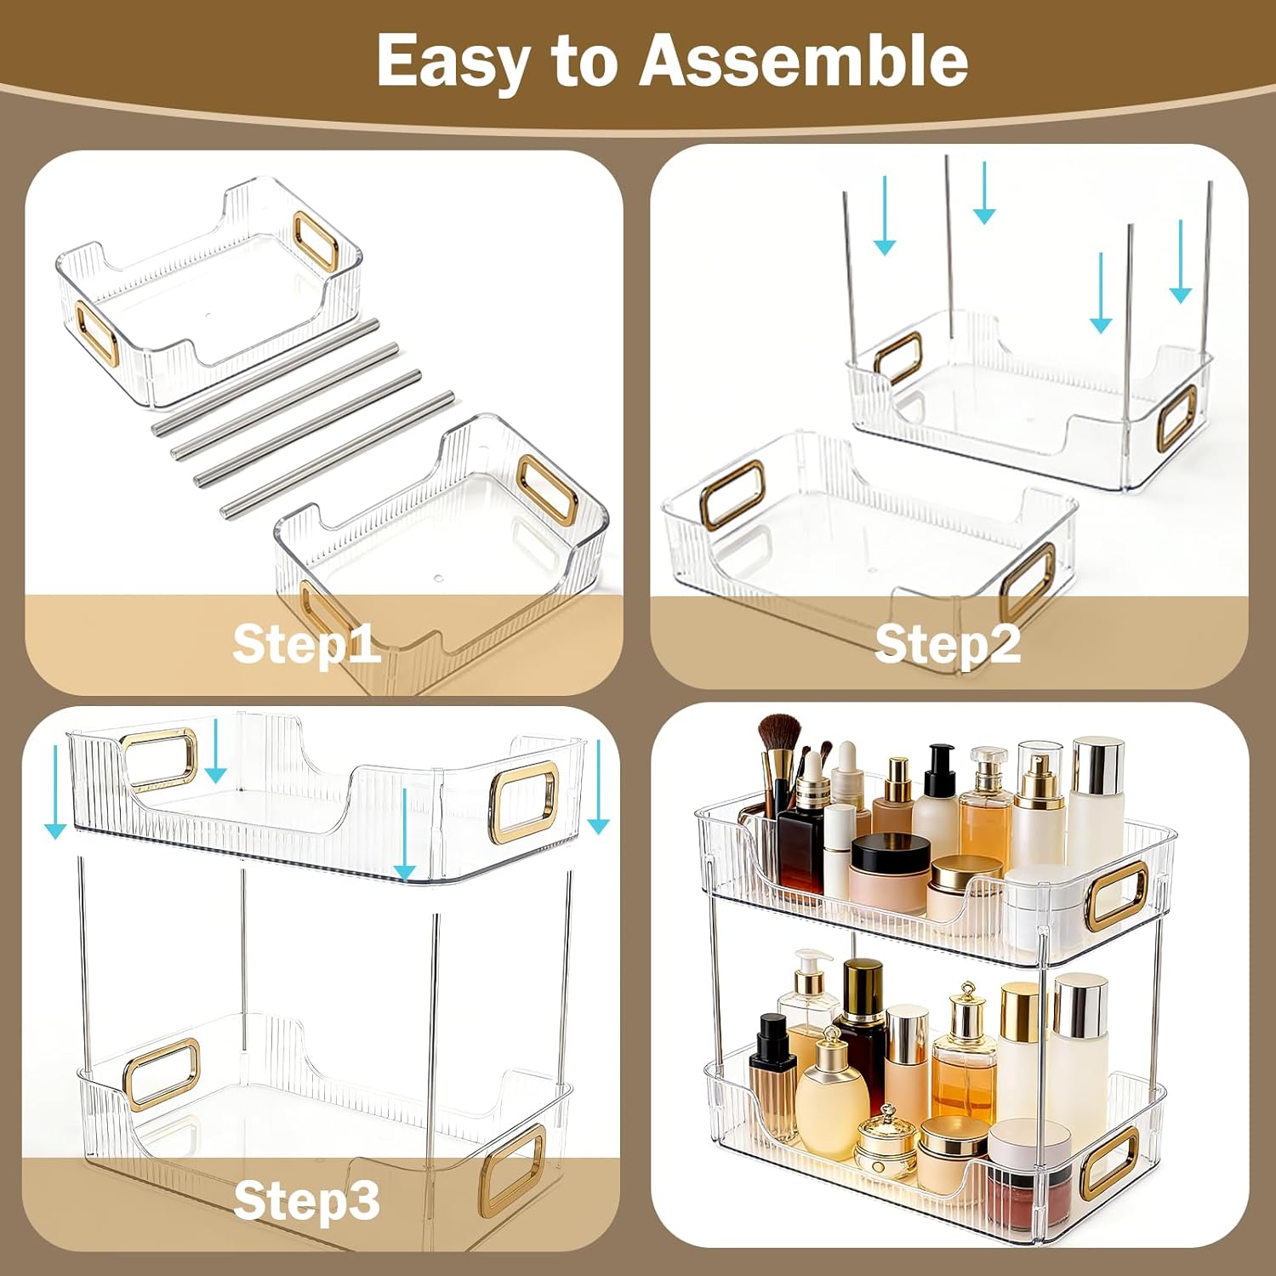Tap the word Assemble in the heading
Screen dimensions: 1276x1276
[x=803, y=61]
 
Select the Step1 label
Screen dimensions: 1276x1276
[x=306, y=643]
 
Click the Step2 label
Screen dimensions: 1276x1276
[x=947, y=643]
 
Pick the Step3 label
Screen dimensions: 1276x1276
[x=306, y=1200]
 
